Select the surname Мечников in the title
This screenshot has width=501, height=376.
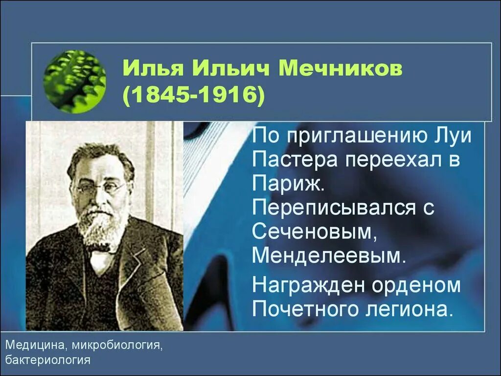[341, 70]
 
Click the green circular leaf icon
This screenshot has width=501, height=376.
[75, 82]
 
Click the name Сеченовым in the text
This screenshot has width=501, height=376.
[312, 232]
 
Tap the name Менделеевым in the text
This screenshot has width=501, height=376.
[328, 256]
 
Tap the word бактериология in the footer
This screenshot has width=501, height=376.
[48, 360]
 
